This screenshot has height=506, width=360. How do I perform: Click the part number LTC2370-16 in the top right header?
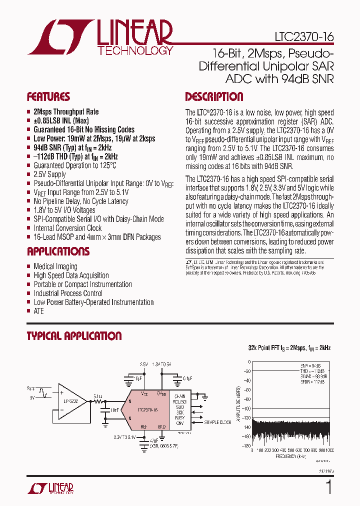pos(303,37)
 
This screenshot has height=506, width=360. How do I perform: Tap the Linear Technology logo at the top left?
pos(100,37)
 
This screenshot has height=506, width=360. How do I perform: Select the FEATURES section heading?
pos(48,97)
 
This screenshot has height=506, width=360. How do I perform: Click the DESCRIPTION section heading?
pos(214,97)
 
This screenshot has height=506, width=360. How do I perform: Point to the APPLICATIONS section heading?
pos(58,251)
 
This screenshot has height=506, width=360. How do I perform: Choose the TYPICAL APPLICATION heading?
pos(74,336)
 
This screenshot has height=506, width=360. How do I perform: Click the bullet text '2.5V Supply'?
pos(49,174)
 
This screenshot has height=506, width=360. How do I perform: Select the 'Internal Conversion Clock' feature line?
pos(67,228)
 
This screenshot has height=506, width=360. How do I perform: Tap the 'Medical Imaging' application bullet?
pos(55,266)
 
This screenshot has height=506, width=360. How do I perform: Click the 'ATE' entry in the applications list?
pos(38,311)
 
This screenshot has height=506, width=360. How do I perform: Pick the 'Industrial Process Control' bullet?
pos(68,293)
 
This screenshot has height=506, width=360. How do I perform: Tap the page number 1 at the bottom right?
pos(328,487)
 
